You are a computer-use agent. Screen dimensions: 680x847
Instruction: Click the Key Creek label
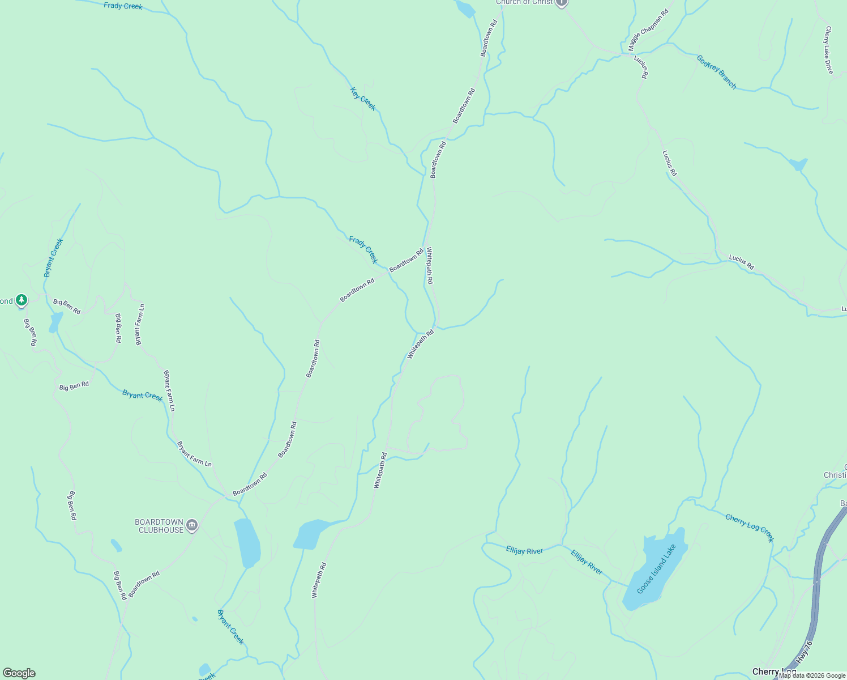[x=363, y=99]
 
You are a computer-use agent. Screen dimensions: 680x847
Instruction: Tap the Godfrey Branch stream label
[x=716, y=72]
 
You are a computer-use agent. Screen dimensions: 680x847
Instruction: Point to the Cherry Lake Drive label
[x=829, y=50]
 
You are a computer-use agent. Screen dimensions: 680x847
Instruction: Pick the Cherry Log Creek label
[x=749, y=528]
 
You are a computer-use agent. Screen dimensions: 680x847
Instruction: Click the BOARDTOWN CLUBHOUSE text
[x=159, y=526]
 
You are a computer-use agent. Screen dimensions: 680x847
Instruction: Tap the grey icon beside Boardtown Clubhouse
[x=192, y=526]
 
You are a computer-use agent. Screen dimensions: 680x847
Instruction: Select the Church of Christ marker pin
[x=561, y=3]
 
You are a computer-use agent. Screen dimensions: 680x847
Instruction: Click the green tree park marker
[x=22, y=299]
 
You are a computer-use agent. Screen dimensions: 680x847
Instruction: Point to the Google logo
[x=19, y=673]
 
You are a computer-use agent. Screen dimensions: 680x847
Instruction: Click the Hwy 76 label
[x=804, y=652]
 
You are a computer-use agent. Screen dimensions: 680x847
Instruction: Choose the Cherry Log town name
[x=773, y=672]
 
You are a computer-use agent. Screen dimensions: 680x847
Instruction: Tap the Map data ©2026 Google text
[x=812, y=675]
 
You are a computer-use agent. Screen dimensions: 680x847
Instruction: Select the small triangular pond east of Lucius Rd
[x=798, y=164]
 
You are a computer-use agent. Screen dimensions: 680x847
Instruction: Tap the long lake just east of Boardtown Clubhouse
[x=247, y=542]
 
